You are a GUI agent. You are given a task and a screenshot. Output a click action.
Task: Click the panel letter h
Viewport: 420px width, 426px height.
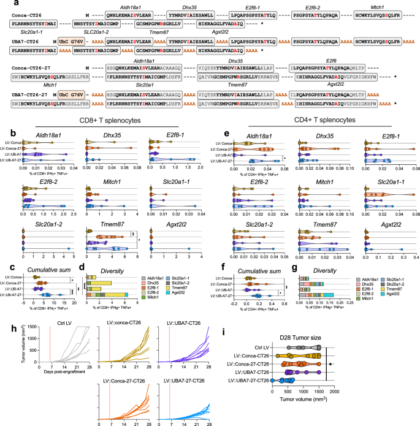coord(6,329)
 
